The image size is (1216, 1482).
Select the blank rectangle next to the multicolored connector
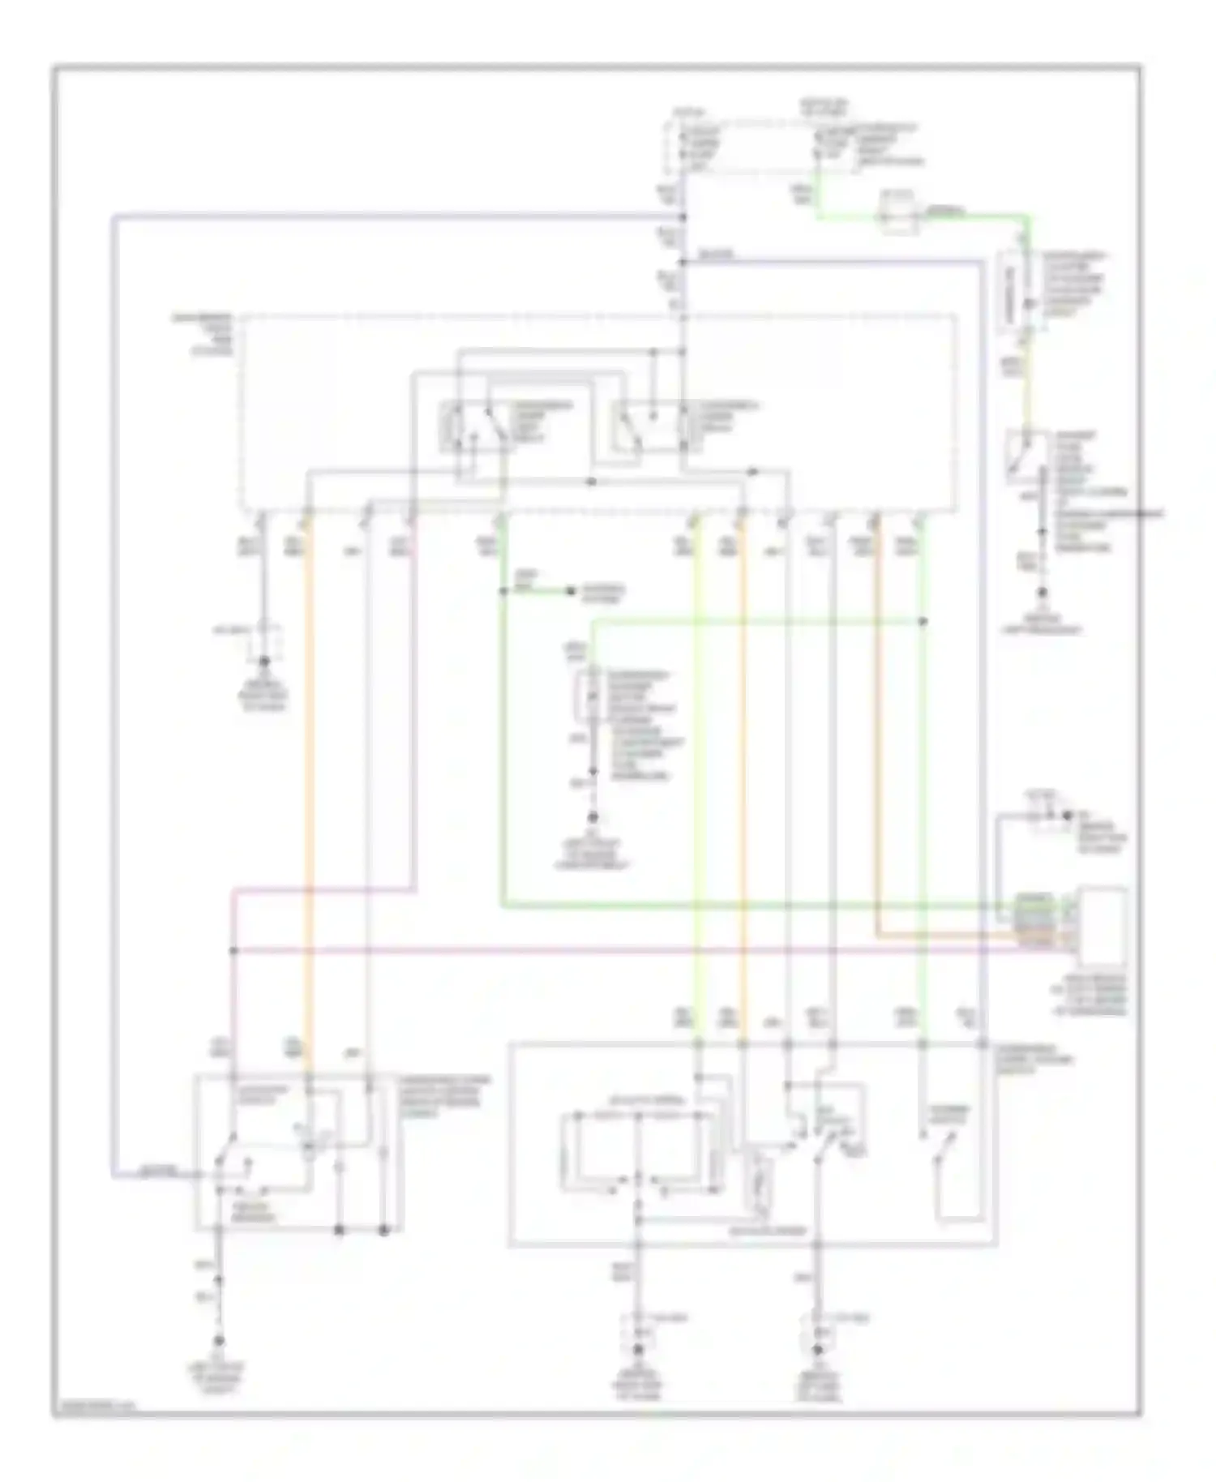point(1102,921)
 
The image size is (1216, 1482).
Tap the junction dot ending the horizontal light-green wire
point(923,622)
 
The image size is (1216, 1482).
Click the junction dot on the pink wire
point(233,950)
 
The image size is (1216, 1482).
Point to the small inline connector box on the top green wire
point(898,212)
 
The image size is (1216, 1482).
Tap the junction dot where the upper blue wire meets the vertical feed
point(683,217)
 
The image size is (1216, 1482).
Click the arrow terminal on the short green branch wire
point(572,591)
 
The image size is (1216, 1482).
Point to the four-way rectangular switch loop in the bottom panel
point(639,1152)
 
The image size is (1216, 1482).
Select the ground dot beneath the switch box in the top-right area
point(1043,594)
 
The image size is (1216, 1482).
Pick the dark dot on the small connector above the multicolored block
point(1067,816)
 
